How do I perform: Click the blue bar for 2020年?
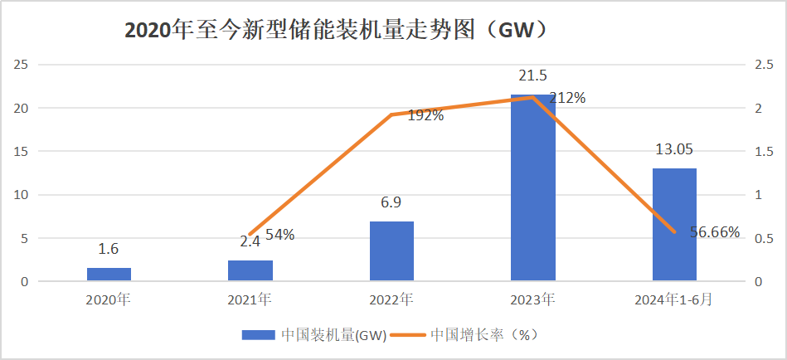point(109,275)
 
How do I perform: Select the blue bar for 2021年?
point(250,271)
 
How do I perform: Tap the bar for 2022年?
point(391,251)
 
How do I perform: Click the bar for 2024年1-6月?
point(674,225)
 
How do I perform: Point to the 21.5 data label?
point(532,76)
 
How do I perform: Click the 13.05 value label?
point(674,149)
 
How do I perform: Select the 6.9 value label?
point(391,203)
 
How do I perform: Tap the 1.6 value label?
point(109,249)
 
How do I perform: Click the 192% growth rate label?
point(425,116)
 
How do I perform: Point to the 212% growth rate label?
point(567,98)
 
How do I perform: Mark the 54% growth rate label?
point(279,235)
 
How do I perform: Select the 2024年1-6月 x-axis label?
point(674,299)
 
